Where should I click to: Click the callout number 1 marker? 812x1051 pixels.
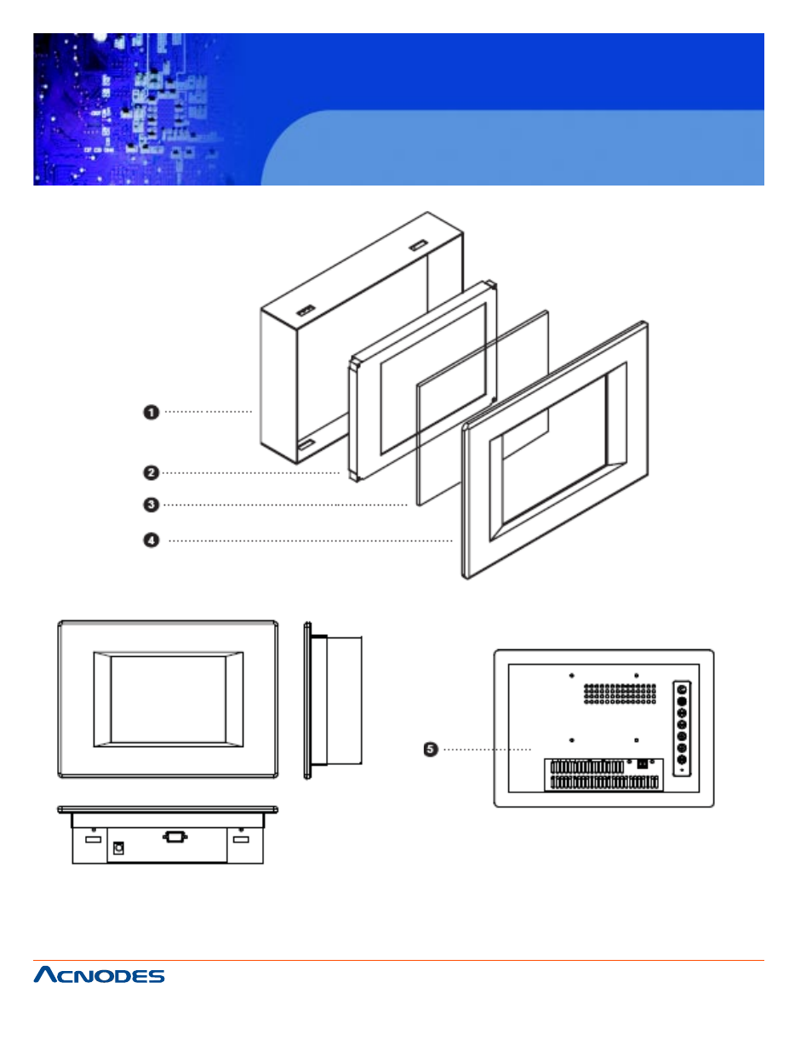click(151, 412)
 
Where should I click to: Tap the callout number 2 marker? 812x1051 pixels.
click(151, 472)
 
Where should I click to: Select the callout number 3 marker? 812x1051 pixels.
click(151, 505)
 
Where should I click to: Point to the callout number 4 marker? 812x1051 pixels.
click(151, 540)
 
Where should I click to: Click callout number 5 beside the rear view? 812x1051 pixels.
click(431, 749)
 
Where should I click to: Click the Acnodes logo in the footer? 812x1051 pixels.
click(99, 975)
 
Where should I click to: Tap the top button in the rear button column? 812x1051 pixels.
click(682, 690)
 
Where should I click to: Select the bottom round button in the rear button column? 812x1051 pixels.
click(682, 759)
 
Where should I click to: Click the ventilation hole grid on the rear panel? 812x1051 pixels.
click(620, 694)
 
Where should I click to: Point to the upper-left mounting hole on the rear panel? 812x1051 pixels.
click(571, 676)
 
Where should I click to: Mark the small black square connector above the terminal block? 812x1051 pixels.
click(642, 763)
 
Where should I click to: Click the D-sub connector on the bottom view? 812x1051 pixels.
click(174, 837)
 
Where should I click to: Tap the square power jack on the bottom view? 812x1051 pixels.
click(118, 848)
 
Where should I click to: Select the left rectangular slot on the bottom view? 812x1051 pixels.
click(94, 840)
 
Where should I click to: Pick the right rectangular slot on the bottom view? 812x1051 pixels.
click(241, 840)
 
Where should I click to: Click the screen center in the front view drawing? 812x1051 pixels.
click(168, 699)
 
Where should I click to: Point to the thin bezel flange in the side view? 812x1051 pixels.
click(307, 700)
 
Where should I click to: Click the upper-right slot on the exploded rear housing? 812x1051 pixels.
click(418, 246)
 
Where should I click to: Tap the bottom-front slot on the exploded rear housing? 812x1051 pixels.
click(306, 443)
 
